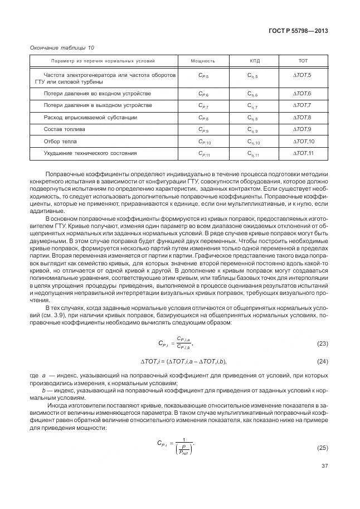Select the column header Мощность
click(x=203, y=60)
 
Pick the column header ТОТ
click(x=303, y=60)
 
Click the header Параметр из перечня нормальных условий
click(x=103, y=60)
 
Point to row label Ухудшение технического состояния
click(x=82, y=153)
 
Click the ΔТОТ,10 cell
click(x=304, y=142)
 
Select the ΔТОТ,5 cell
click(x=303, y=75)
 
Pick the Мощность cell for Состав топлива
click(x=203, y=130)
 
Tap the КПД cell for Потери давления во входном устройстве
click(x=253, y=94)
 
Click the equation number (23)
click(x=322, y=342)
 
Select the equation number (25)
click(x=322, y=448)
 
